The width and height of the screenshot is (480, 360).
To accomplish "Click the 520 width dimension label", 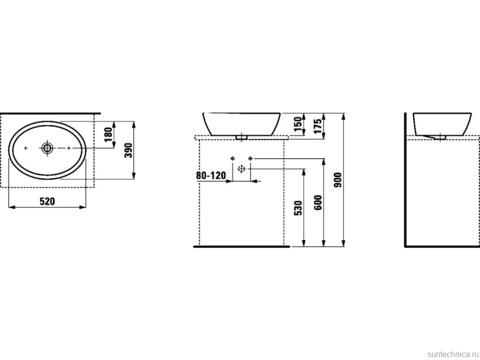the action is [48, 201].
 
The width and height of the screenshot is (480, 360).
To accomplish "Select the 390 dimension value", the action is [129, 150].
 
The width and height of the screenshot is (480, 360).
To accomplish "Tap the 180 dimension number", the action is [108, 135].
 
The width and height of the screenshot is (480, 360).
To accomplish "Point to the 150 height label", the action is [297, 124].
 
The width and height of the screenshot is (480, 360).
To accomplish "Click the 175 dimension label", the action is [318, 126].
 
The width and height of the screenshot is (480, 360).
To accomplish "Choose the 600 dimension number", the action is [318, 202].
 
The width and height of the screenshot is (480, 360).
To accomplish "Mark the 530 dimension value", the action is [297, 208].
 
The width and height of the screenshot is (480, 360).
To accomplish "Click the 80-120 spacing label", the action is [211, 176].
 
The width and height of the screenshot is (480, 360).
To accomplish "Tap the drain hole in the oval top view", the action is [47, 148].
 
